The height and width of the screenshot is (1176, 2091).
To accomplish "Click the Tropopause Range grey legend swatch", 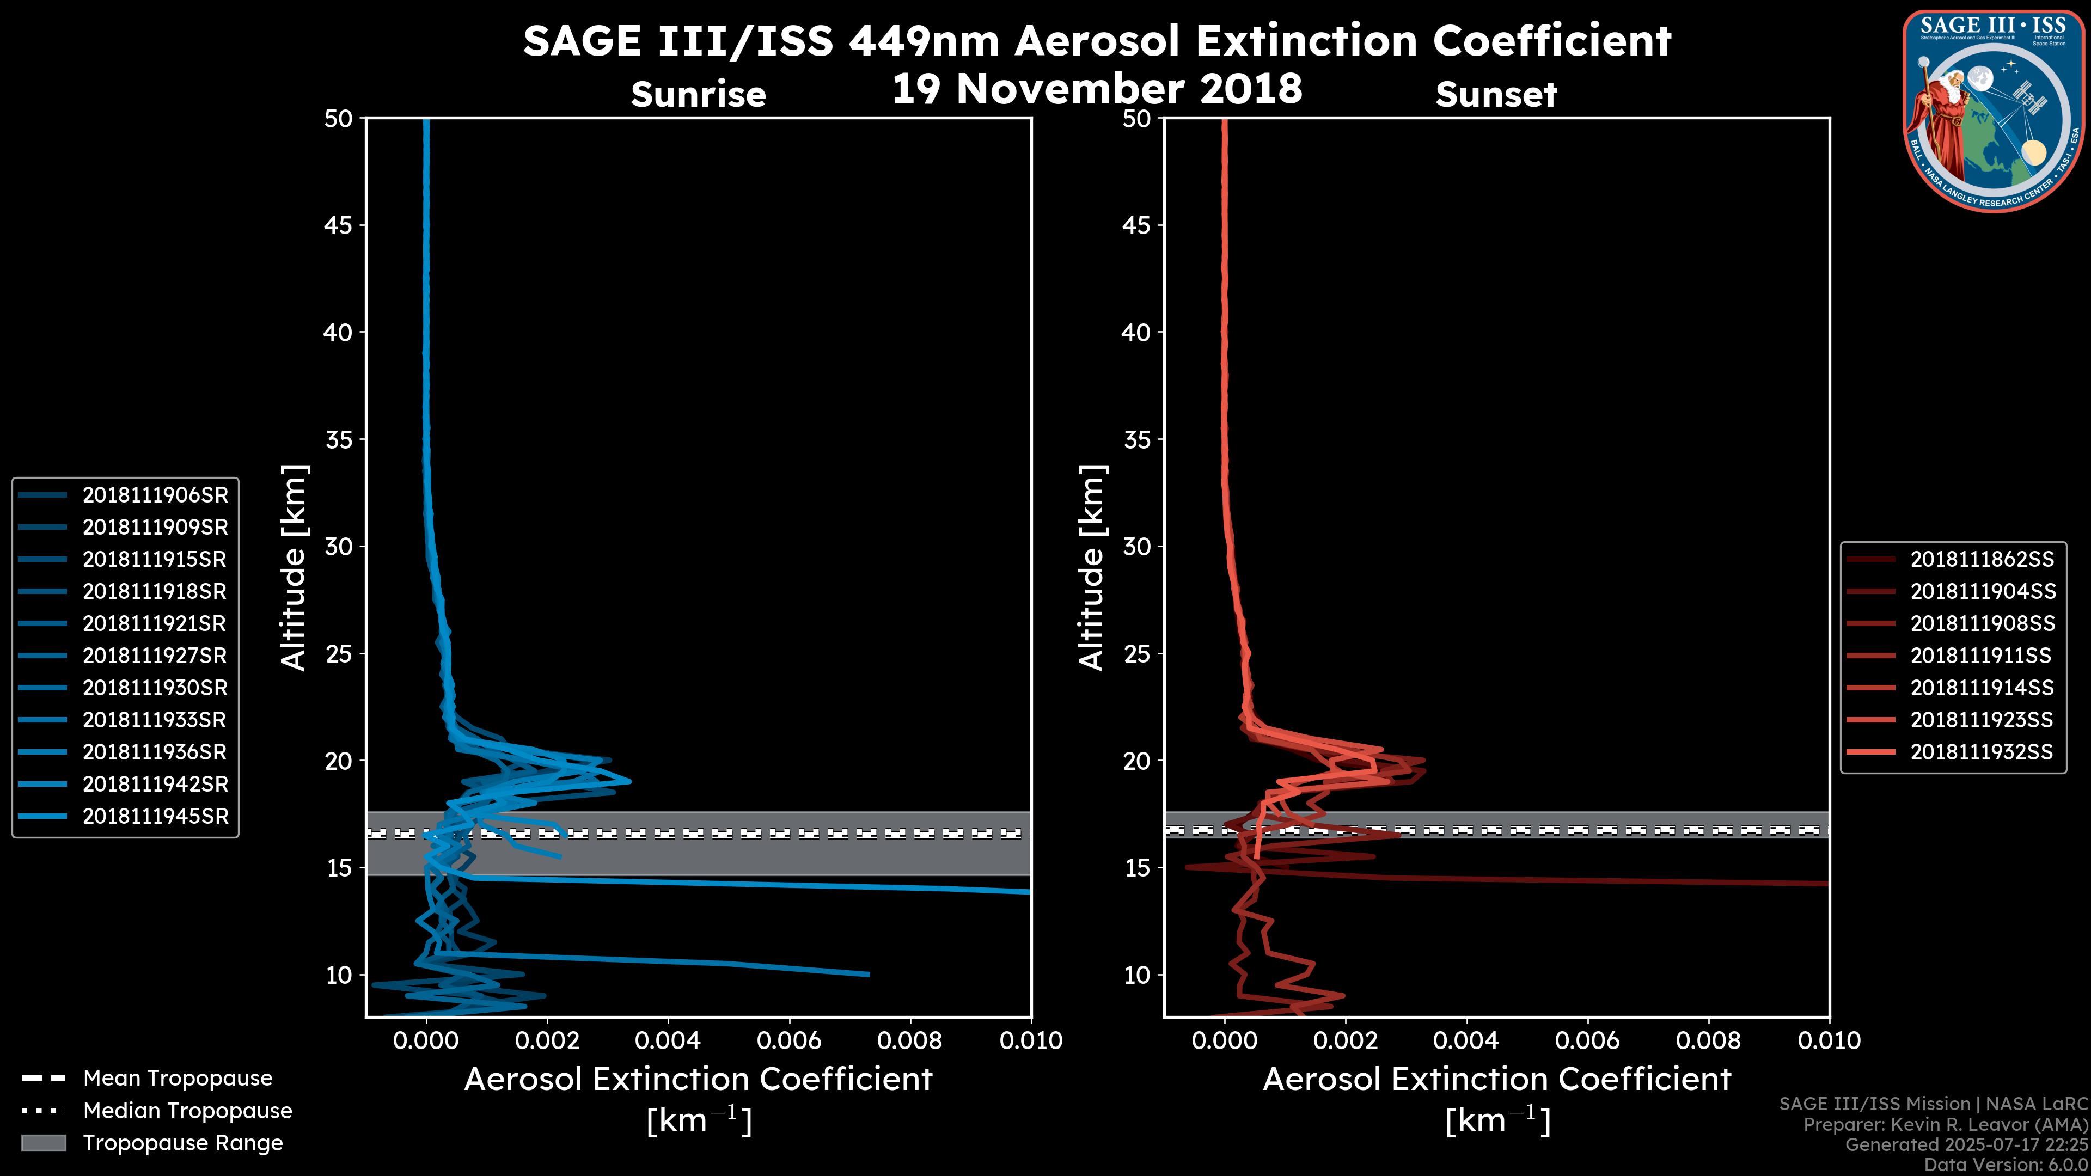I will pyautogui.click(x=44, y=1143).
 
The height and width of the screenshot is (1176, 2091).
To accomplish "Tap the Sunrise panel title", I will pyautogui.click(x=698, y=95).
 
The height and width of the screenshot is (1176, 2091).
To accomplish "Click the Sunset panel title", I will pyautogui.click(x=1496, y=95).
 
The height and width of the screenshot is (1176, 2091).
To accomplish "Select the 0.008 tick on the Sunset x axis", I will pyautogui.click(x=1709, y=1042).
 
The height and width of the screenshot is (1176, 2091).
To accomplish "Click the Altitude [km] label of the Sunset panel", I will pyautogui.click(x=1092, y=568).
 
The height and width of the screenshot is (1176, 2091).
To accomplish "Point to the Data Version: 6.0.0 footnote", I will pyautogui.click(x=2006, y=1165).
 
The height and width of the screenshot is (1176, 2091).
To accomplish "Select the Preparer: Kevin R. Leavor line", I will pyautogui.click(x=1945, y=1125).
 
